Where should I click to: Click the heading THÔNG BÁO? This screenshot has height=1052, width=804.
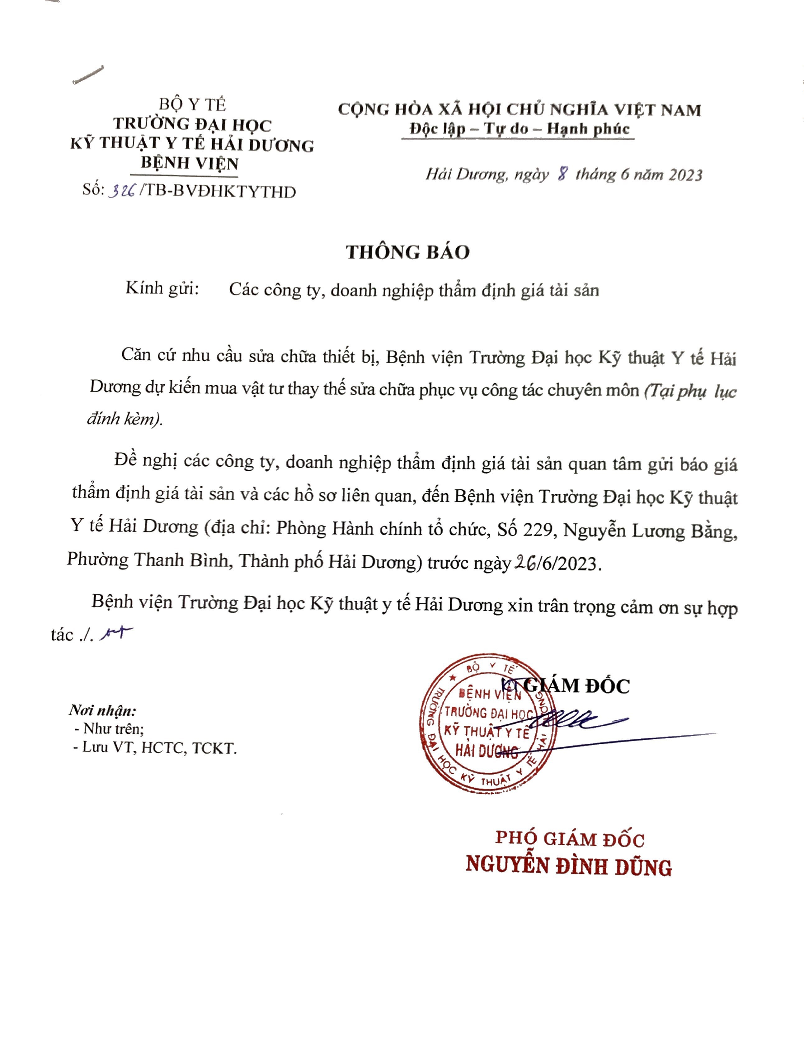click(x=408, y=252)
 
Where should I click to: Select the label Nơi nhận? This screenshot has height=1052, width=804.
click(x=102, y=710)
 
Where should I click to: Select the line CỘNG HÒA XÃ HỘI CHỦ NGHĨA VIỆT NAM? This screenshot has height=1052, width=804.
click(x=519, y=110)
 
